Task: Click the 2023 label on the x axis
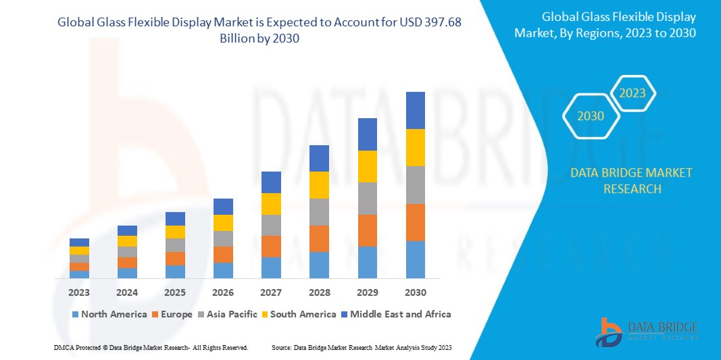coord(79,292)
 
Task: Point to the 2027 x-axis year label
coord(271,292)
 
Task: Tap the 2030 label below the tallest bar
coord(415,292)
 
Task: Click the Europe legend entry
coord(174,314)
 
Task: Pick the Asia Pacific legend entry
coord(228,314)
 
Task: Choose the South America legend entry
coord(299,314)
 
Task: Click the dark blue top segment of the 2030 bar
coord(415,110)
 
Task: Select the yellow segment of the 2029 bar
coord(367,166)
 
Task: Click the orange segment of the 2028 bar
coord(319,238)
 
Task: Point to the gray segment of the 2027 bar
coord(271,225)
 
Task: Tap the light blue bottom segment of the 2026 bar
coord(223,270)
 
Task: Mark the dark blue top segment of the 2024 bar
coord(127,230)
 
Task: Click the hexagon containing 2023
coord(632,93)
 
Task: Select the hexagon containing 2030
coord(591,116)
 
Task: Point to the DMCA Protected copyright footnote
coord(151,347)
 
